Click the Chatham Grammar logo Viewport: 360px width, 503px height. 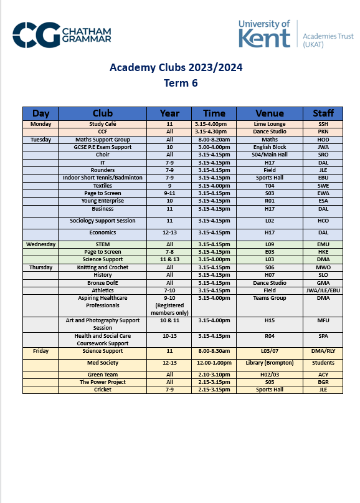62,35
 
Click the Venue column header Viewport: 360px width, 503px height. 270,113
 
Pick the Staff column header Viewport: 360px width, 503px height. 323,113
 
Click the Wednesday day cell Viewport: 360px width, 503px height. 40,244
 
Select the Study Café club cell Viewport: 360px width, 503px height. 103,124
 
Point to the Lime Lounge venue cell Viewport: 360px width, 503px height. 270,124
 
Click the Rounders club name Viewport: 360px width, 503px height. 103,170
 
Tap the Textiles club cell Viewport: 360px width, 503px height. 103,186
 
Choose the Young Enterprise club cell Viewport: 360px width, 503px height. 103,201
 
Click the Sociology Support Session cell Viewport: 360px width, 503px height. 103,221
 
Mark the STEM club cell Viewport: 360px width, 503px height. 103,244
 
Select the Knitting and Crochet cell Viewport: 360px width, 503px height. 103,267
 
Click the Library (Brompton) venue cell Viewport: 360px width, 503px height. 270,362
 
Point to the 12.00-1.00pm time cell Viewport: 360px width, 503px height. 214,362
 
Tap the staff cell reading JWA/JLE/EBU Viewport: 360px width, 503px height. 323,290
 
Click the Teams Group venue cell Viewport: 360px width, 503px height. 270,298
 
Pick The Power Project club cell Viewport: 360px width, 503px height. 103,382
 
